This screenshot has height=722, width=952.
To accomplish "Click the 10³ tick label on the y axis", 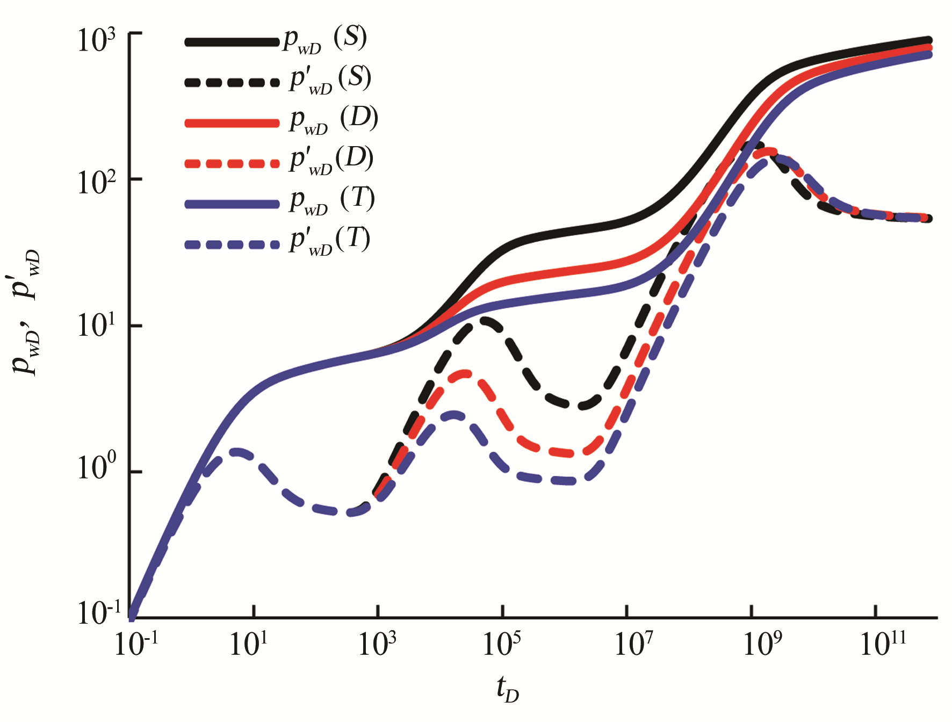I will [97, 40].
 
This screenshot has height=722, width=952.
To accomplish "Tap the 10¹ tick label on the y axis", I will [97, 326].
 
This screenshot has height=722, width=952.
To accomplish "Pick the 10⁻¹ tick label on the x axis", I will [136, 644].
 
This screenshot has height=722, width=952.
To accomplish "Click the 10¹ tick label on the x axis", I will [248, 644].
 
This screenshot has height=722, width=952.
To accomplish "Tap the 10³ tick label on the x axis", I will [377, 644].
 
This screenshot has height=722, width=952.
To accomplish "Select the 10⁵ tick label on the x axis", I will [502, 644].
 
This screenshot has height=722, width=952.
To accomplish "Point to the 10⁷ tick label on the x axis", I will [634, 644].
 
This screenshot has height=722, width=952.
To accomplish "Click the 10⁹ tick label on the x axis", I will [762, 644].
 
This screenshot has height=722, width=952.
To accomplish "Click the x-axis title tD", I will [507, 689].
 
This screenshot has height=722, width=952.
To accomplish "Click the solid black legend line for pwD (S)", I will [232, 42].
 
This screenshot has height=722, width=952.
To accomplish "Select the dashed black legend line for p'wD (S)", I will [232, 83].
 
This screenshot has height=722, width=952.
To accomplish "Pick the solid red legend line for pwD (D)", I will [232, 123].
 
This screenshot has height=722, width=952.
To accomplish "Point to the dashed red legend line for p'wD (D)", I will [232, 163].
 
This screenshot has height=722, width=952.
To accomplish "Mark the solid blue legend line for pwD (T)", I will [232, 204].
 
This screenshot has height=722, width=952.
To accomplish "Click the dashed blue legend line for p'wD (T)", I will [232, 244].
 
